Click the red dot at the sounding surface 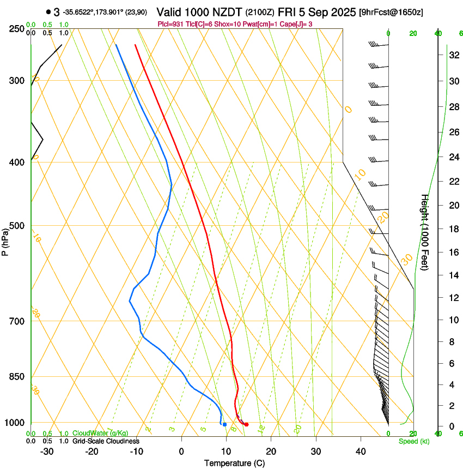(247, 424)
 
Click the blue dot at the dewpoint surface (224, 424)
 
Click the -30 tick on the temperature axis (47, 451)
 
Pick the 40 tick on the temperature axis (361, 451)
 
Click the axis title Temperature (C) (234, 463)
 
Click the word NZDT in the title (229, 11)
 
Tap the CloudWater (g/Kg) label (100, 433)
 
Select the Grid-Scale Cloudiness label (106, 441)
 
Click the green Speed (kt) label (413, 441)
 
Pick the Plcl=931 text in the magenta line (169, 24)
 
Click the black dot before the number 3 (48, 11)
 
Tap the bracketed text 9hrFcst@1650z (391, 11)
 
